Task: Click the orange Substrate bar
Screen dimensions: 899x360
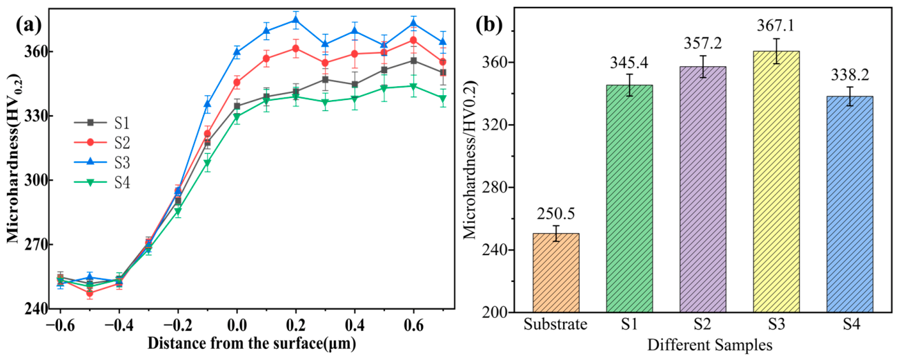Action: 556,273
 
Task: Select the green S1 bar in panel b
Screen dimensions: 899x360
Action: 629,199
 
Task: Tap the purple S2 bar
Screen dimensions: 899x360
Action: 703,190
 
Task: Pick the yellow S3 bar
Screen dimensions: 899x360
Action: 776,182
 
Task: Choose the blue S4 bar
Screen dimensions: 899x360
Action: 850,204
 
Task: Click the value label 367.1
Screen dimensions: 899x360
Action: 775,26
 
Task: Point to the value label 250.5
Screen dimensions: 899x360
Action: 556,214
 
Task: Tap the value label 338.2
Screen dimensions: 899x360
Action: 849,74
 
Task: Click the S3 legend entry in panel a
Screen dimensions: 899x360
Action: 102,162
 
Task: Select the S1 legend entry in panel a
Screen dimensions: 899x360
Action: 102,123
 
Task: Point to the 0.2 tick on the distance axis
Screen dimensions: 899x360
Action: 295,325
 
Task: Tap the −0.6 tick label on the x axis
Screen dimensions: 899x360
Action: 60,325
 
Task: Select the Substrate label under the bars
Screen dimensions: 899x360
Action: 555,324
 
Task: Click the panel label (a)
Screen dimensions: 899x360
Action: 29,26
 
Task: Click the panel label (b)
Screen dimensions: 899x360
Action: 489,25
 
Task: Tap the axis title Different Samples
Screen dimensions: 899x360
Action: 709,345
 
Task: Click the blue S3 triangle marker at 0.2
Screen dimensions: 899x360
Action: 296,20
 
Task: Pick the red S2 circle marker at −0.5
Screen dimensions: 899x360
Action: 90,293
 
